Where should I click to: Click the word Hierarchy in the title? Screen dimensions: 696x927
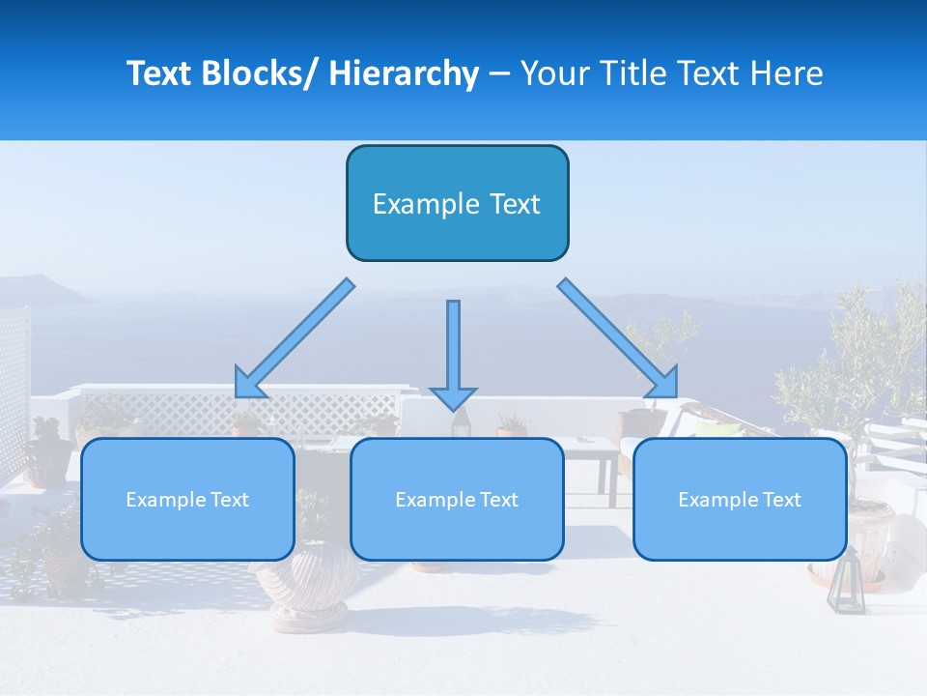pyautogui.click(x=404, y=73)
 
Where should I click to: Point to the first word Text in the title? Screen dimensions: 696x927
pyautogui.click(x=160, y=73)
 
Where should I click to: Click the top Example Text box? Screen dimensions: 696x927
pyautogui.click(x=457, y=203)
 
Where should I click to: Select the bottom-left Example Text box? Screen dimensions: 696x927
pyautogui.click(x=187, y=499)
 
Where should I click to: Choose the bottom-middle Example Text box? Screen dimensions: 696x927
pyautogui.click(x=457, y=499)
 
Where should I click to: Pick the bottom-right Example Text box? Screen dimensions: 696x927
pyautogui.click(x=740, y=499)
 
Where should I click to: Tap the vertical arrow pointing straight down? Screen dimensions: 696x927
pyautogui.click(x=453, y=348)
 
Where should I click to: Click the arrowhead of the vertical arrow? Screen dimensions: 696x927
pyautogui.click(x=453, y=397)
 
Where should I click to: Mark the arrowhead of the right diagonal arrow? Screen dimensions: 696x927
pyautogui.click(x=666, y=384)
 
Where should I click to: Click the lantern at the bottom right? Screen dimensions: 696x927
pyautogui.click(x=847, y=583)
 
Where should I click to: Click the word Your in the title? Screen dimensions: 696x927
pyautogui.click(x=553, y=73)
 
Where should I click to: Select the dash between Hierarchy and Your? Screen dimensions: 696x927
pyautogui.click(x=499, y=73)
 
